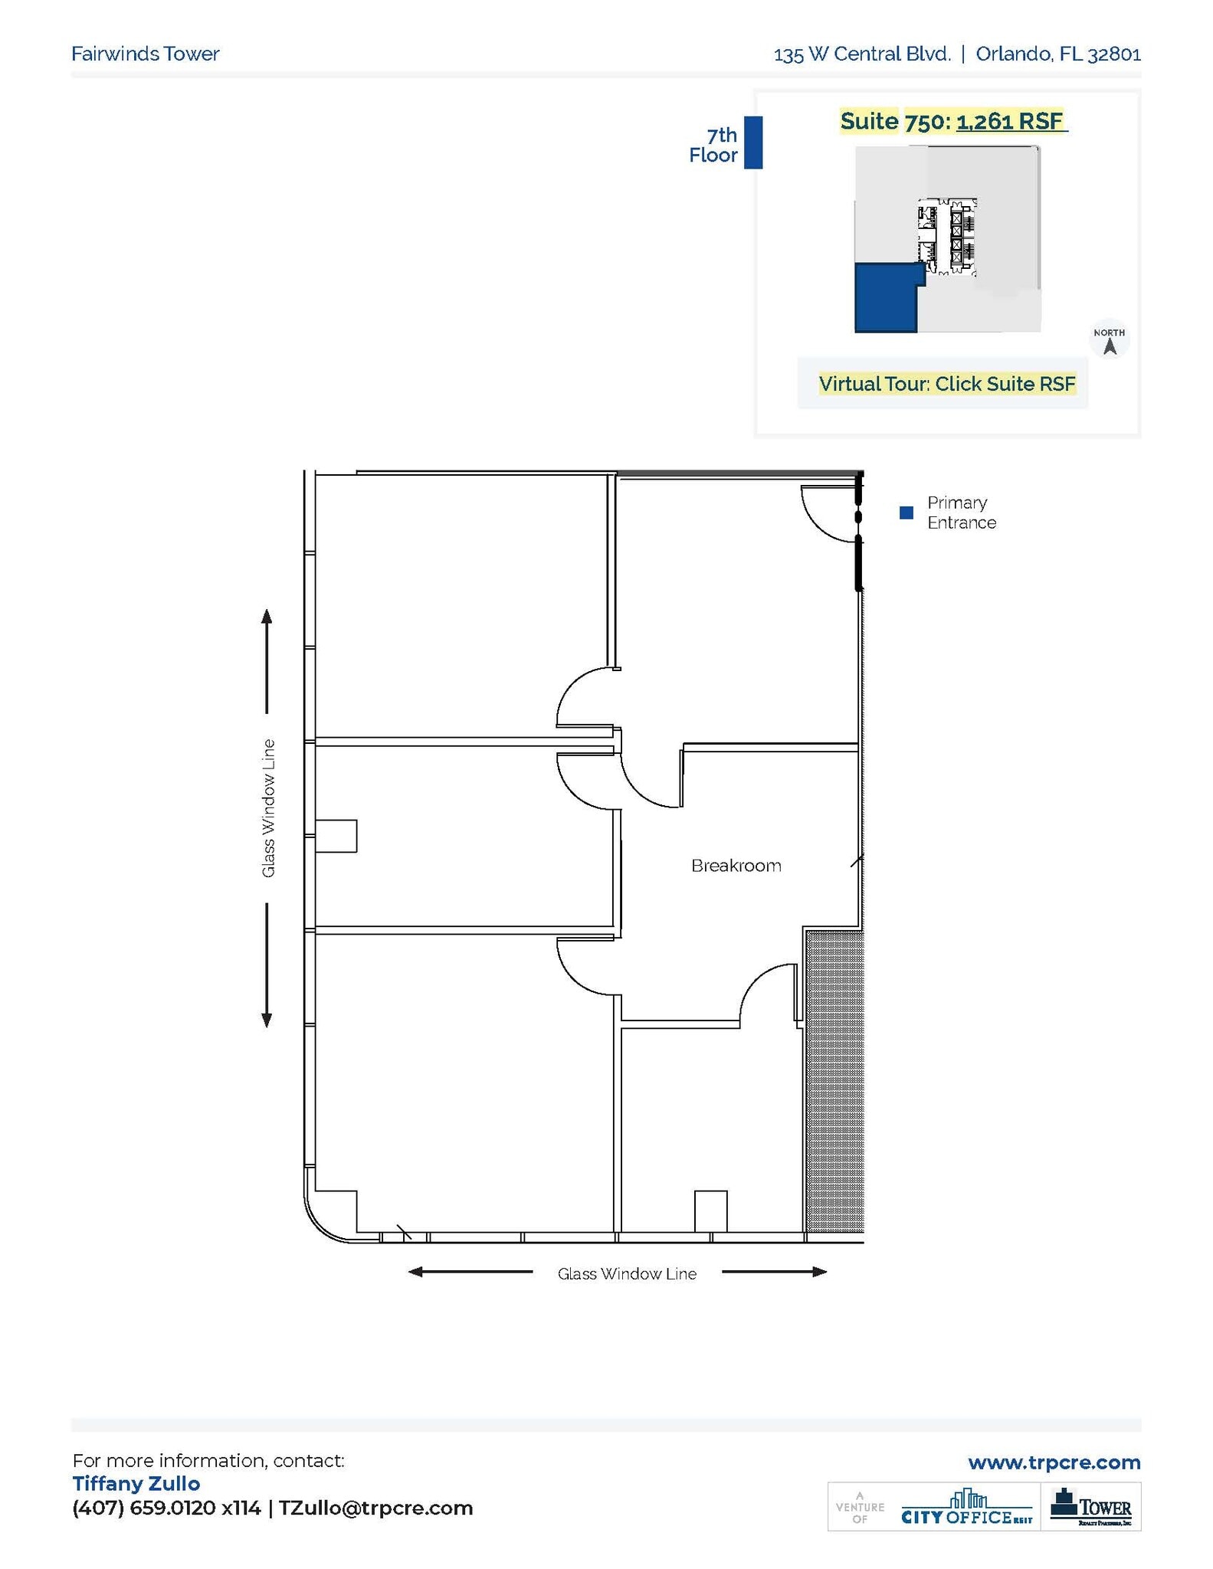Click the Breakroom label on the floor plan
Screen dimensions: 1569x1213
pos(736,866)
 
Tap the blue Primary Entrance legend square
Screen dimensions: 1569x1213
pos(906,513)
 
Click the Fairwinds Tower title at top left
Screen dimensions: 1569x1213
pos(146,54)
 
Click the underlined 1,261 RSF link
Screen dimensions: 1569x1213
pos(1010,121)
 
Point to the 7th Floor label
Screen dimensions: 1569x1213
pos(713,145)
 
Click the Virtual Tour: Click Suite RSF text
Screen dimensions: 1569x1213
pos(946,384)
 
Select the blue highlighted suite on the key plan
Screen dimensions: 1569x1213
pos(886,298)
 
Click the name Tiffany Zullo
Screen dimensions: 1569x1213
pos(136,1483)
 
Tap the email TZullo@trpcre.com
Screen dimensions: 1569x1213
pos(375,1508)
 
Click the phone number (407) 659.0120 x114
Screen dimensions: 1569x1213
pos(166,1508)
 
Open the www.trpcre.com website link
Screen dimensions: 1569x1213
pos(1054,1463)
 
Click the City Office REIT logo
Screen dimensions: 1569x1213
pos(966,1506)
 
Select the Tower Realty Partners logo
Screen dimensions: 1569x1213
pos(1090,1506)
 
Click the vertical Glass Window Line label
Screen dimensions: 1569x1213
pos(268,808)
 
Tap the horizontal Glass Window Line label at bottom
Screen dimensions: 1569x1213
pos(627,1273)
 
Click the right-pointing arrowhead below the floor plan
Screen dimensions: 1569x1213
pos(819,1273)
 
